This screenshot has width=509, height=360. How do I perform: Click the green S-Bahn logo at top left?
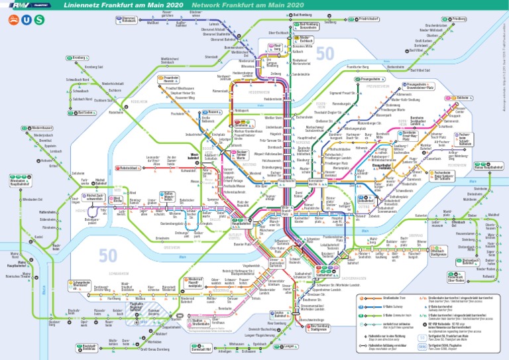pyautogui.click(x=39, y=21)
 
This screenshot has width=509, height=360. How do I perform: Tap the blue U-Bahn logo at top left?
pyautogui.click(x=26, y=21)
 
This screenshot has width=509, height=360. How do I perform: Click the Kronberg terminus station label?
pyautogui.click(x=78, y=58)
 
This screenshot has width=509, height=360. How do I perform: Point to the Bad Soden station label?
pyautogui.click(x=85, y=113)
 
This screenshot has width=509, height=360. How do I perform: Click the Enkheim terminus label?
pyautogui.click(x=464, y=98)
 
